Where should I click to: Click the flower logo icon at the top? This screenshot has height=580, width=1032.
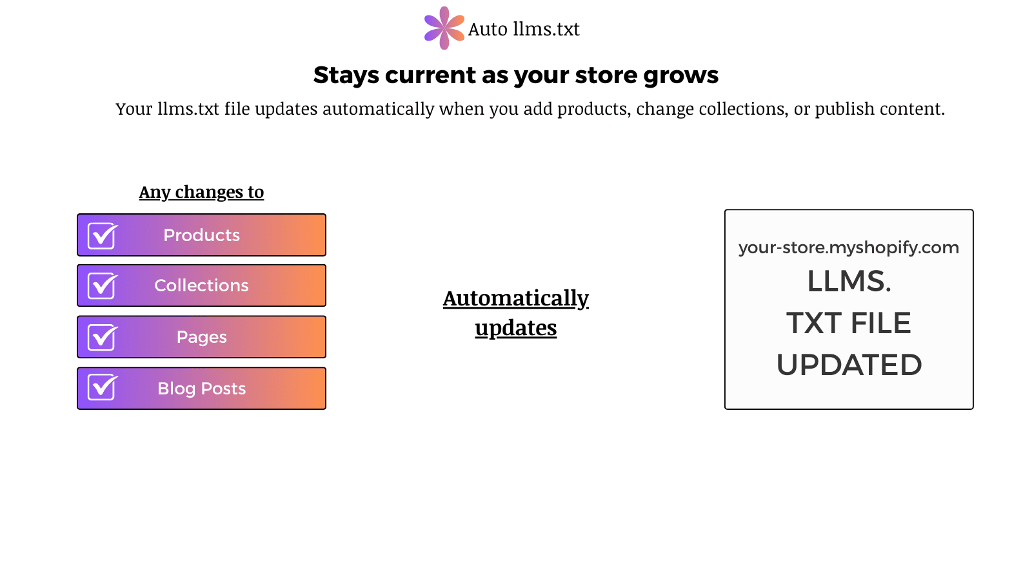(x=444, y=28)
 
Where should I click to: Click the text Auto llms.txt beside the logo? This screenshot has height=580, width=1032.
(x=524, y=29)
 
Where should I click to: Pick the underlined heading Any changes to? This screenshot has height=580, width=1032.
(x=201, y=192)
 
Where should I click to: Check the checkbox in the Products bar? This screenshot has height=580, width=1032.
(x=102, y=236)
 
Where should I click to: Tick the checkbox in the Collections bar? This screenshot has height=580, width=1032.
(x=102, y=286)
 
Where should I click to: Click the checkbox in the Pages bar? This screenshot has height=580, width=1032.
(x=102, y=338)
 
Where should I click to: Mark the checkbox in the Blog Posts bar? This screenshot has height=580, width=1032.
(x=102, y=388)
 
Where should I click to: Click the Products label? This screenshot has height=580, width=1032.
(x=201, y=235)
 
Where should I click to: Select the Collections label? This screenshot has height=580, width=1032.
(x=201, y=285)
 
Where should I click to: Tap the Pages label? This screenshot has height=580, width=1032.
(x=201, y=337)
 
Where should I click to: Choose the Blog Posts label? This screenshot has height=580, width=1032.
(x=201, y=389)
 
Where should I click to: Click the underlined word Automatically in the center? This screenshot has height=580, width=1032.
(x=515, y=298)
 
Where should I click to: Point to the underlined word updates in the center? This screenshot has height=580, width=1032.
(x=515, y=328)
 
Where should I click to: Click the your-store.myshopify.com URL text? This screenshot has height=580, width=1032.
(x=848, y=247)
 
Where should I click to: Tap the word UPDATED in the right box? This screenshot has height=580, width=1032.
(x=849, y=365)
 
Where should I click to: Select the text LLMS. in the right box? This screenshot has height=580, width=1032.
(x=849, y=282)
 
